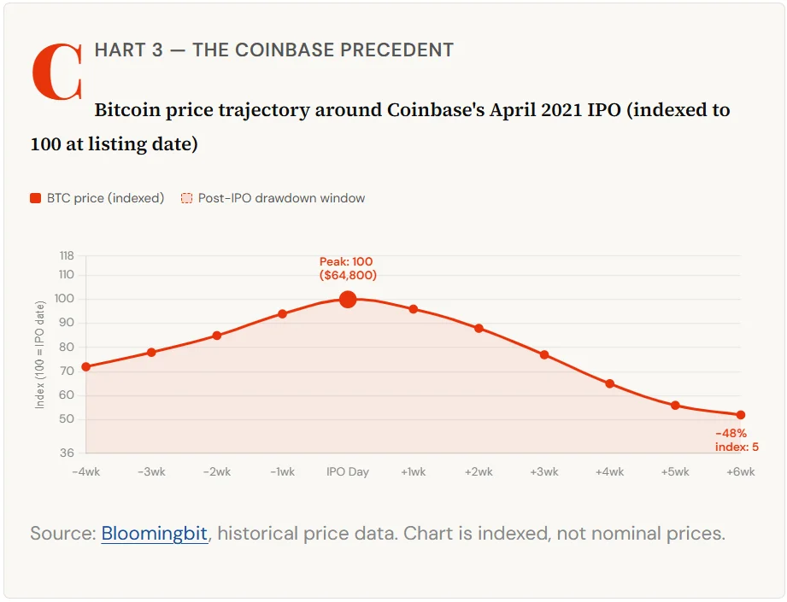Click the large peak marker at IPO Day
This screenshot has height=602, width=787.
coord(348,299)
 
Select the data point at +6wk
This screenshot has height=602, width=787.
coord(741,415)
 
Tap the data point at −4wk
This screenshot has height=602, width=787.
coord(86,367)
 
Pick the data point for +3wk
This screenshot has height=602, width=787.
coord(544,354)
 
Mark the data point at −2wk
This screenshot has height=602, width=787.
coord(217,336)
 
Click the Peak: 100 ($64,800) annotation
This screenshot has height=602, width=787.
coord(347,268)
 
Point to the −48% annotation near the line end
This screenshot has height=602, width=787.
coord(731,434)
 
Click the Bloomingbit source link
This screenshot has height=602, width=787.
coord(155,535)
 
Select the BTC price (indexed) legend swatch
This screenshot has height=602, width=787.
coord(36,198)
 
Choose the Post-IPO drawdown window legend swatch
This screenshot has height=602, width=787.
coord(186,198)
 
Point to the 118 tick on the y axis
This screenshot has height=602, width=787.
coord(67,255)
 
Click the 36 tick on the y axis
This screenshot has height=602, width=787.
coord(68,453)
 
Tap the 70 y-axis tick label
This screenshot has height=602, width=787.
coord(68,371)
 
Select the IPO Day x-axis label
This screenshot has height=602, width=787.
coord(348,472)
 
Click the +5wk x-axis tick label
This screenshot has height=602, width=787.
coord(675,472)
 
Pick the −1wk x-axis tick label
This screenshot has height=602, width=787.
coord(282,472)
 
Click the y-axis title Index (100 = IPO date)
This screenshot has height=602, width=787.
coord(40,354)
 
